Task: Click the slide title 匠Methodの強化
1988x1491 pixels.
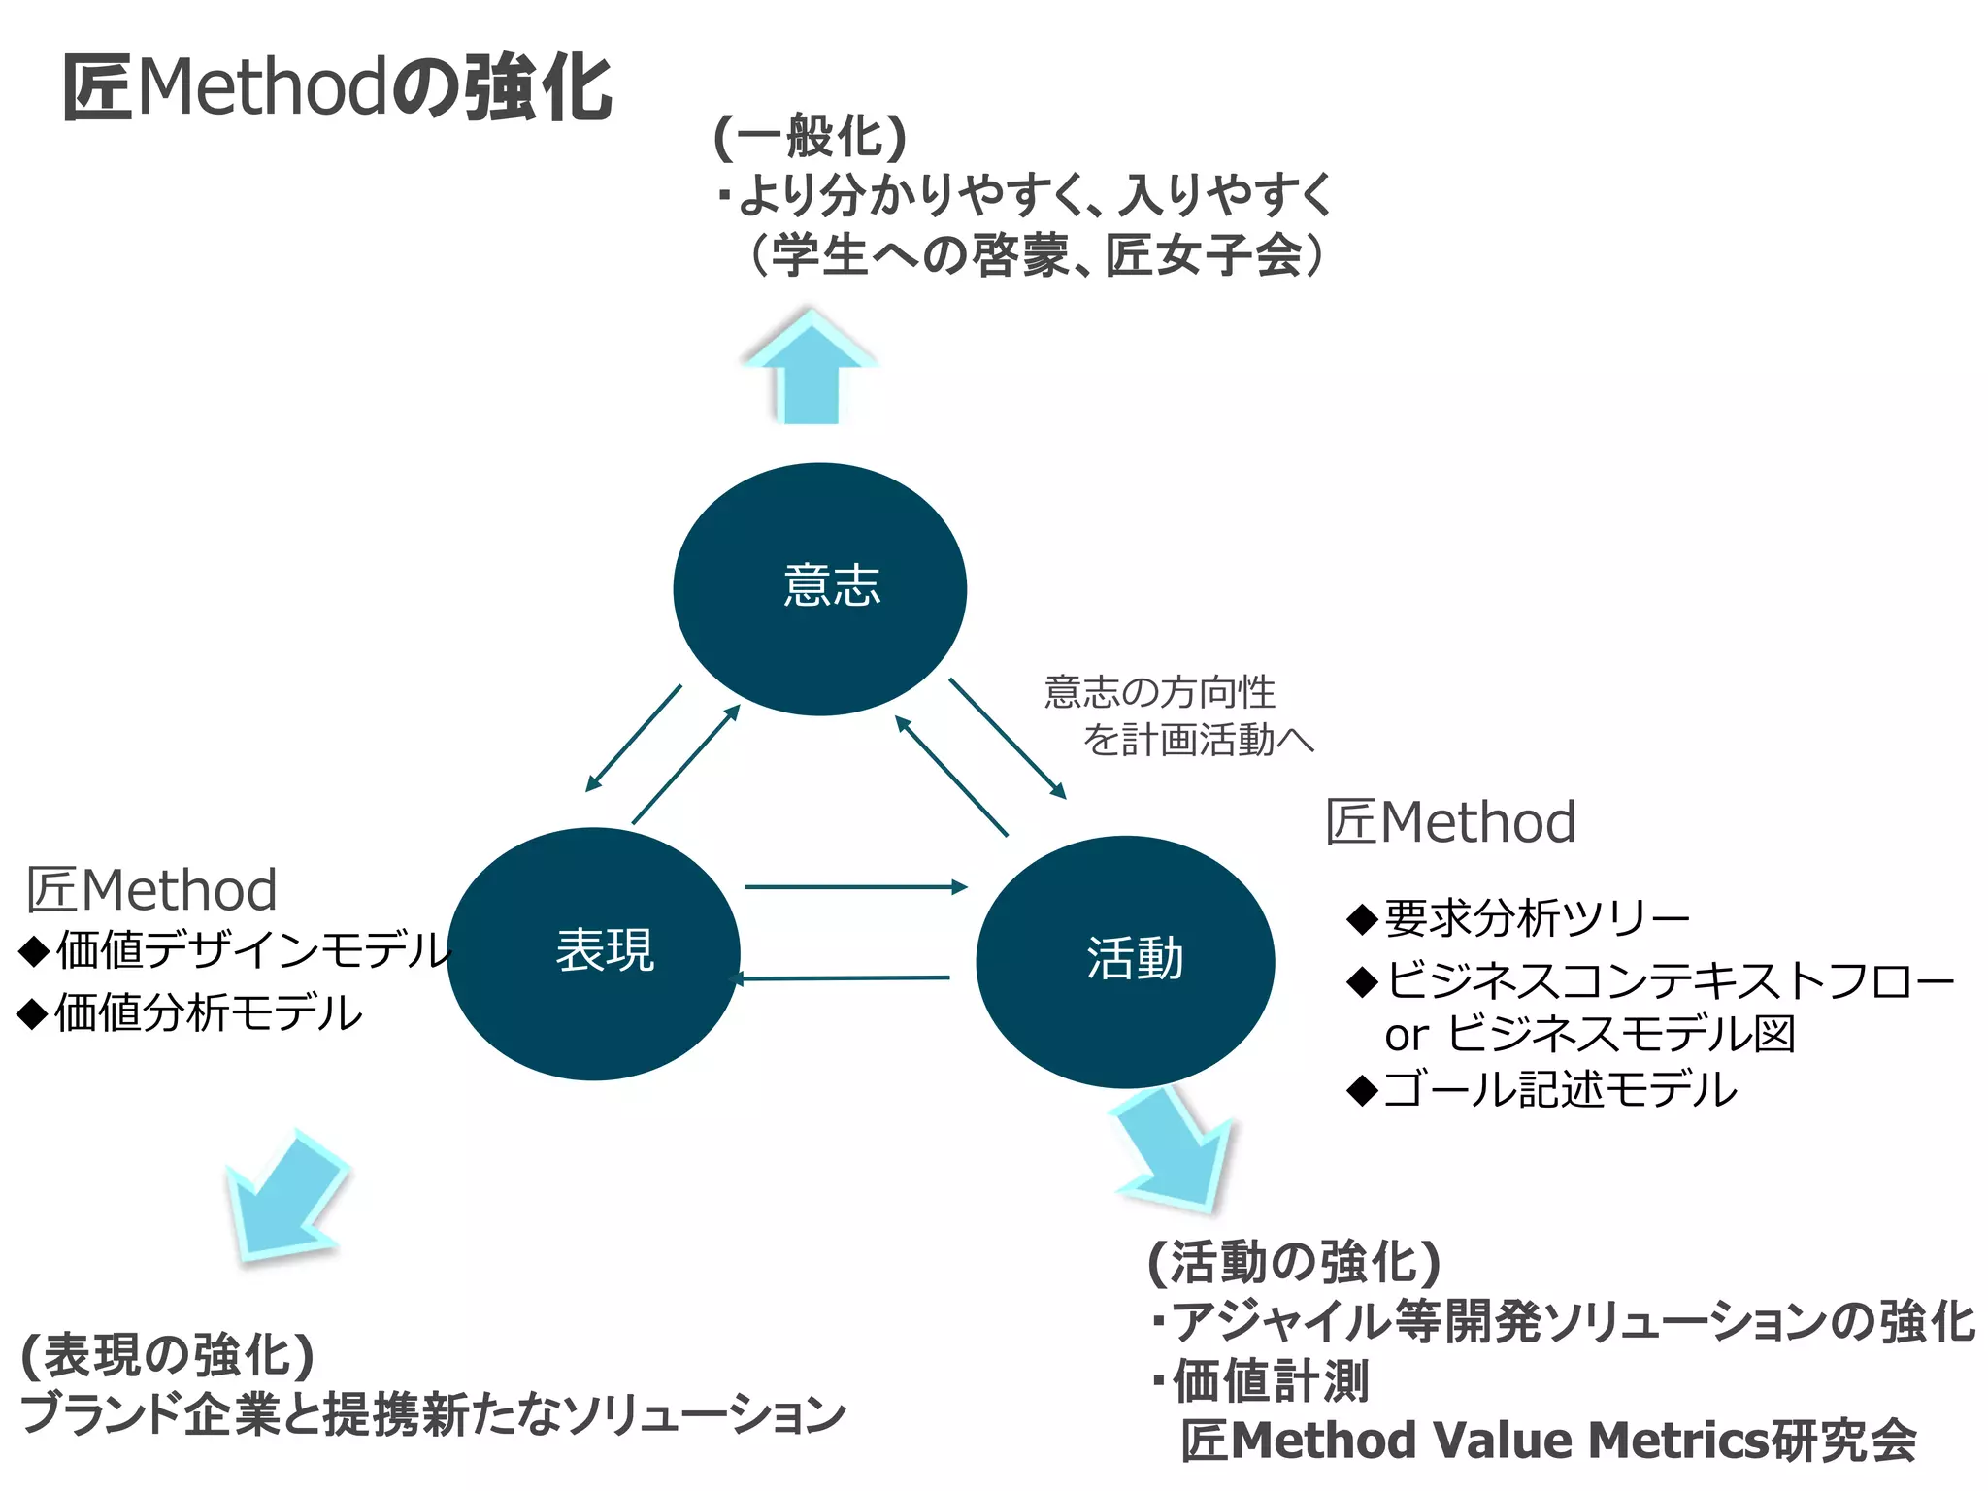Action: (337, 87)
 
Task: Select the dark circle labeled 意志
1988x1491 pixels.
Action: (820, 588)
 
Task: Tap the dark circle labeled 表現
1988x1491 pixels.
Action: (594, 953)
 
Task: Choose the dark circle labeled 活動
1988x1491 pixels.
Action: (1125, 961)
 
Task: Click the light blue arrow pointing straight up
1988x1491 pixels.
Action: (810, 369)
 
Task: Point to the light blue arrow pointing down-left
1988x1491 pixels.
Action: (284, 1199)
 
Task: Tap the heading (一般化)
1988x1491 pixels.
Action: (811, 136)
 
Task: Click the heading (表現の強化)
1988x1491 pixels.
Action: (167, 1355)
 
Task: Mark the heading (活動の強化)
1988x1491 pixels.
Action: (1293, 1262)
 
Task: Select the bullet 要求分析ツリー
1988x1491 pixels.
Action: (1536, 918)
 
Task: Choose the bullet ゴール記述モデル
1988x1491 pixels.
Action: (1559, 1089)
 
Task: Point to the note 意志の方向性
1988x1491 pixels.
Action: (1159, 692)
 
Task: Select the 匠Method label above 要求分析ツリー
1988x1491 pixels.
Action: (1450, 822)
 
